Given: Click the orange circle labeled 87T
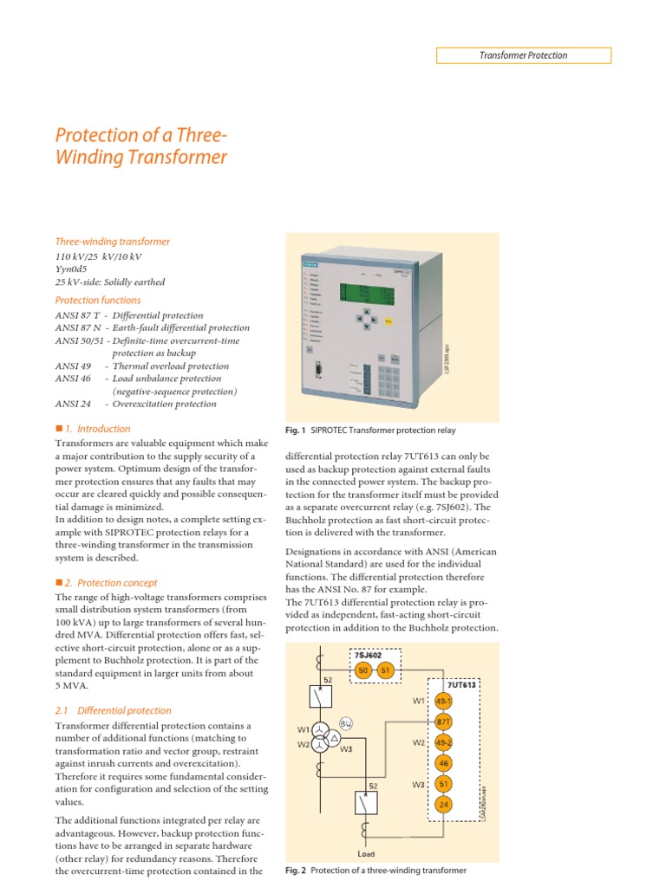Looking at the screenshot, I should click(x=443, y=720).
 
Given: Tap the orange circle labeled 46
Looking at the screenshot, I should click(x=443, y=763).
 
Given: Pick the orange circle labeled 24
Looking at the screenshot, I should click(x=443, y=806).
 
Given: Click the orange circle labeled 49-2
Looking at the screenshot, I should click(x=443, y=741).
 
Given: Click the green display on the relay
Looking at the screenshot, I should click(x=368, y=295).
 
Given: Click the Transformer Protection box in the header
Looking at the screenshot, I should click(x=523, y=55).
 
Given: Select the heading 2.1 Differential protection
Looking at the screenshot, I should click(x=113, y=710).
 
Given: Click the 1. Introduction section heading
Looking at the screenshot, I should click(x=97, y=429).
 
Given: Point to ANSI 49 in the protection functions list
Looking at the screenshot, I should click(x=72, y=366).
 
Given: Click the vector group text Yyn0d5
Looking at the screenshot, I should click(x=75, y=269).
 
